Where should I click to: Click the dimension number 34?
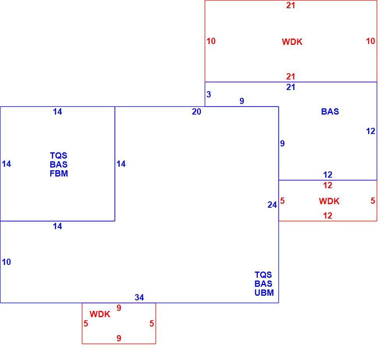click(139, 297)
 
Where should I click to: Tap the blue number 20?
click(197, 112)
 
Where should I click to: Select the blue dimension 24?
click(272, 205)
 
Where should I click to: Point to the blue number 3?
click(209, 94)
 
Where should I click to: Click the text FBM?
click(59, 173)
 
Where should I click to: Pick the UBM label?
click(264, 293)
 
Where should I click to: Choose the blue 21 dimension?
click(291, 87)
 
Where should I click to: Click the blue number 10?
click(7, 262)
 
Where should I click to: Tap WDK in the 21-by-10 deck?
click(292, 42)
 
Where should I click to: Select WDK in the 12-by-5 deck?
click(329, 201)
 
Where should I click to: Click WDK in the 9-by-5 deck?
click(100, 314)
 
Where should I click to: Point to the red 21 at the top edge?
click(291, 5)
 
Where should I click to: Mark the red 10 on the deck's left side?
click(211, 41)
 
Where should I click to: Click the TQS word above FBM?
click(58, 155)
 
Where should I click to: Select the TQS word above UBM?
click(263, 275)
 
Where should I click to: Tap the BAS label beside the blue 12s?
click(330, 111)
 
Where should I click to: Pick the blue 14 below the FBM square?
click(57, 226)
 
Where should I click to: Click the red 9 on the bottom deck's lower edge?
click(119, 338)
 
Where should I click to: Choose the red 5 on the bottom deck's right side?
click(152, 323)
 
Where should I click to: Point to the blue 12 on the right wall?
click(370, 131)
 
